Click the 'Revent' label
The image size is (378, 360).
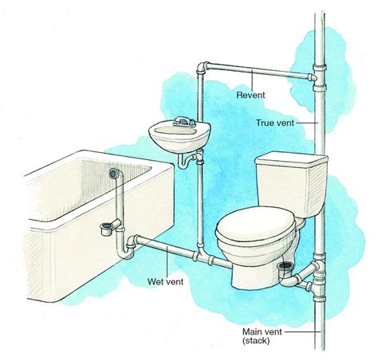pyautogui.click(x=251, y=94)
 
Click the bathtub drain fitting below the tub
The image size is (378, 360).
pyautogui.click(x=104, y=230)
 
